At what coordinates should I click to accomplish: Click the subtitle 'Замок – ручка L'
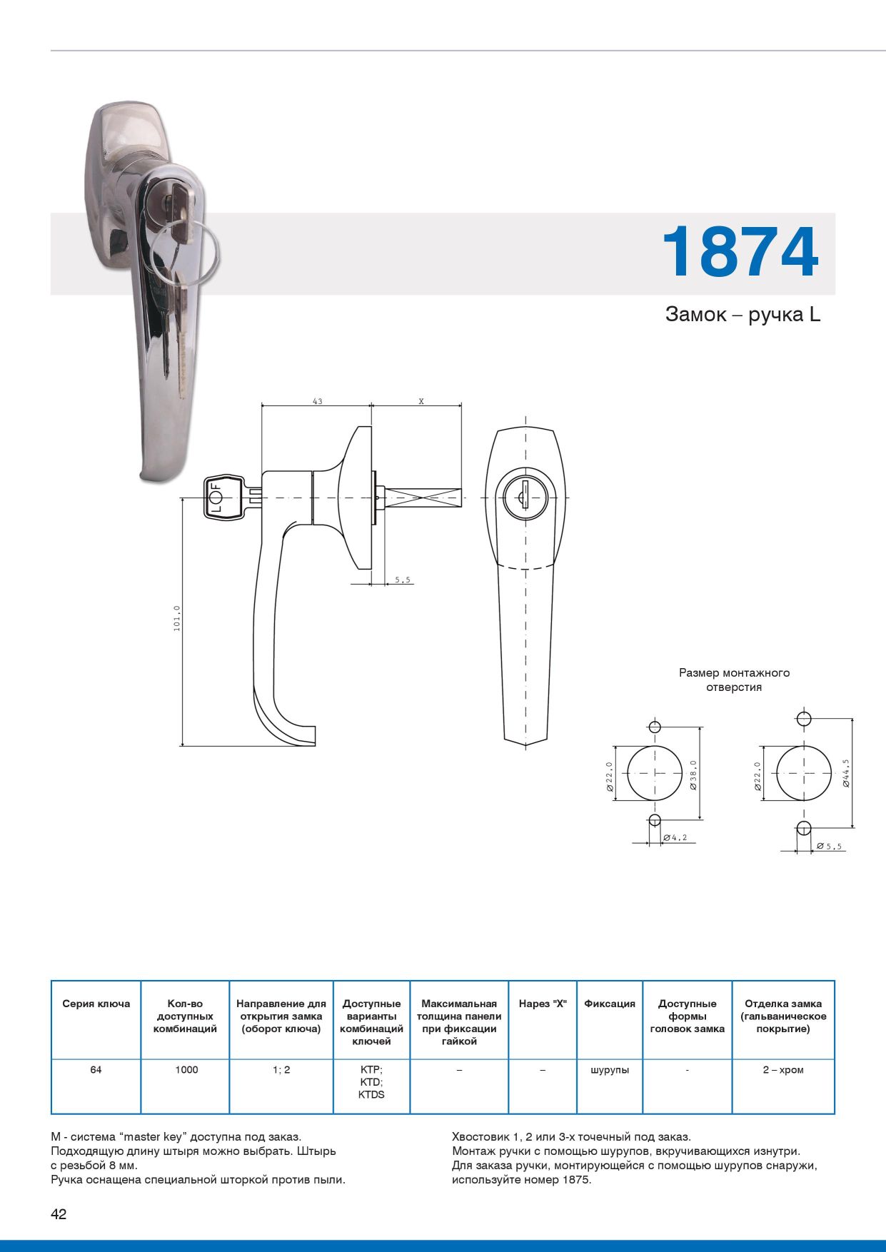742,315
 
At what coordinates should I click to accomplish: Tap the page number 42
59,1214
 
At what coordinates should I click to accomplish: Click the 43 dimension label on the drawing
317,401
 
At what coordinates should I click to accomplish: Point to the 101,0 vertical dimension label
177,618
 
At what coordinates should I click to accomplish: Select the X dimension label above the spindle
421,401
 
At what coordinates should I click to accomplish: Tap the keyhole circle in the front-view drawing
526,498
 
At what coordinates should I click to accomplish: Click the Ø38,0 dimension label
693,775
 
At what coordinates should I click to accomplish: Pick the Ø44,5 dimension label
845,773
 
